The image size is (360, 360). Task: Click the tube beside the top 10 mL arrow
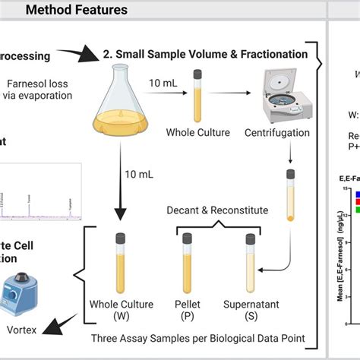(x=198, y=97)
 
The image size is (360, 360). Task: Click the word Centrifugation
(x=277, y=134)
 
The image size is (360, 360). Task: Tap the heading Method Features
(x=76, y=10)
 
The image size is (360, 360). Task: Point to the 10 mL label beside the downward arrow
(x=140, y=174)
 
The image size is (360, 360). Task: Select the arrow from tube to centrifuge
(x=231, y=96)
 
